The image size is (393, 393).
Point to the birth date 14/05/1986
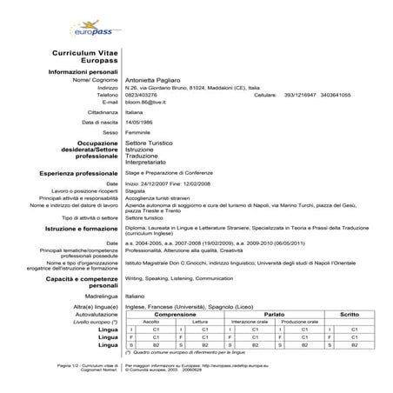point(143,123)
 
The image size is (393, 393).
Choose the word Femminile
point(142,132)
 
